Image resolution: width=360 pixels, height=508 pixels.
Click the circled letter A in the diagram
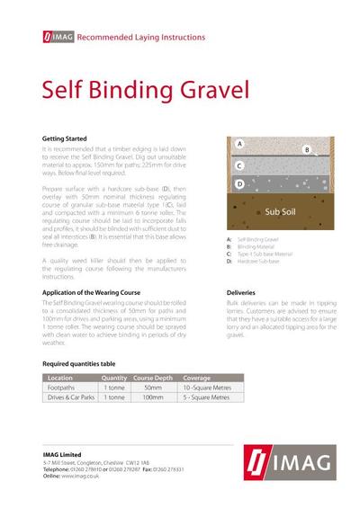tap(239, 143)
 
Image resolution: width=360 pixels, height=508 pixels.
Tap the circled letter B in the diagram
tap(306, 150)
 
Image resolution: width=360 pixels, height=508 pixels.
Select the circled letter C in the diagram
tap(239, 165)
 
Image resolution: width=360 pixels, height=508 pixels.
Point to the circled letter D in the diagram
tap(239, 184)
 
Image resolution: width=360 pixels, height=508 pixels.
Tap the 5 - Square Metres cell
tap(208, 397)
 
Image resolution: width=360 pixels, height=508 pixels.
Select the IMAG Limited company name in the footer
tap(64, 454)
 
